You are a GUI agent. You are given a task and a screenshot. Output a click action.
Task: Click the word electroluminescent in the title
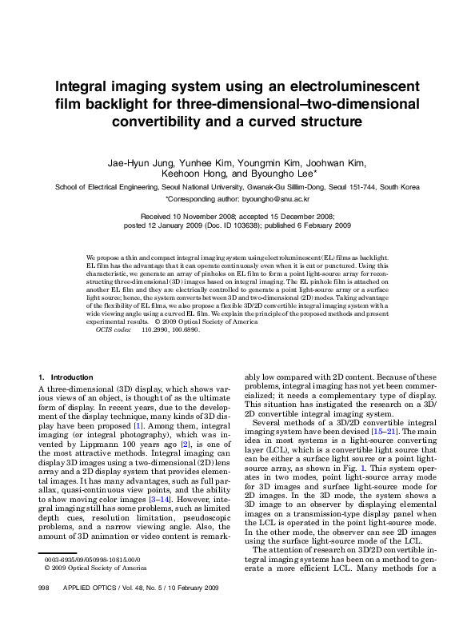click(339, 86)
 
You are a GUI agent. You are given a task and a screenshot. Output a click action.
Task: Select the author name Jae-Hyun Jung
click(139, 162)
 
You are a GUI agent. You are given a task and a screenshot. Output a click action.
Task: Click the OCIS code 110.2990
click(156, 329)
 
